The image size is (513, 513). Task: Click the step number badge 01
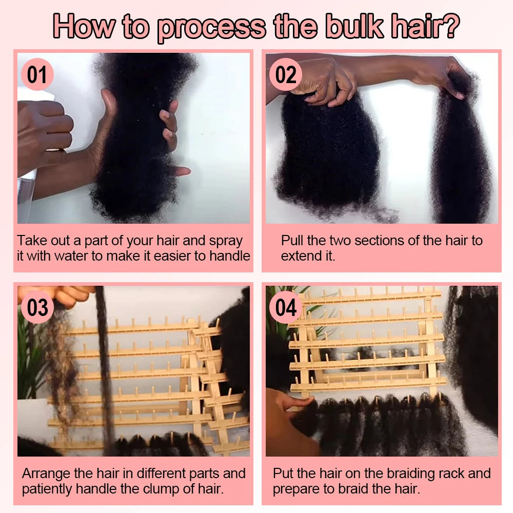37,75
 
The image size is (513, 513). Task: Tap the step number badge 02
286,75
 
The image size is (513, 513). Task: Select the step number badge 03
37,308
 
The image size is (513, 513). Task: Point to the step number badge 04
286,308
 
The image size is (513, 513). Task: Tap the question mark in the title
450,27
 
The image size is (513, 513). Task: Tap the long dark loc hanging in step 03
105,369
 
